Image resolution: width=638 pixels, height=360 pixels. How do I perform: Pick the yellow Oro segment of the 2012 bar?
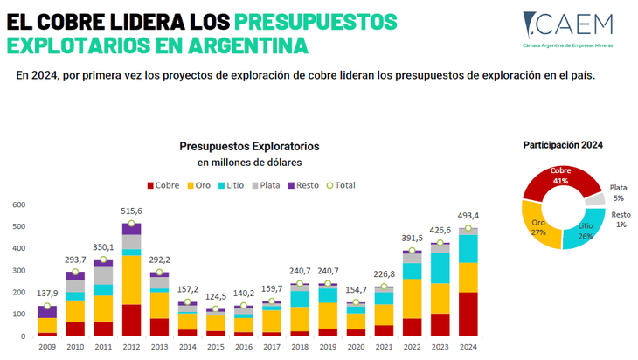pos(131,280)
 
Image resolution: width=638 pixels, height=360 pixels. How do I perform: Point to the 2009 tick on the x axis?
pos(47,346)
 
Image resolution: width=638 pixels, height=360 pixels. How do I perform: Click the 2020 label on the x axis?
pos(356,346)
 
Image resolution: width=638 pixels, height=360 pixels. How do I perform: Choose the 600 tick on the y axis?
pos(18,204)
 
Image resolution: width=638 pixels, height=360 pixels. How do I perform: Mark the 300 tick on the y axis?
pos(18,270)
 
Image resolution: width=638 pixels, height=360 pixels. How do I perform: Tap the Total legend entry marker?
pos(329,185)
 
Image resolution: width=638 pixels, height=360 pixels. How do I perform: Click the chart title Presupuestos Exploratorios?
pos(249,146)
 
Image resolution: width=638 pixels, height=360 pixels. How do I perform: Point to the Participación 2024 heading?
pos(563,145)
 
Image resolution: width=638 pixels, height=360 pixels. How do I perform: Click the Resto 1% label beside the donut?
pos(621,219)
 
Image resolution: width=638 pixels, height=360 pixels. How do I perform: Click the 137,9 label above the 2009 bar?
pos(47,293)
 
